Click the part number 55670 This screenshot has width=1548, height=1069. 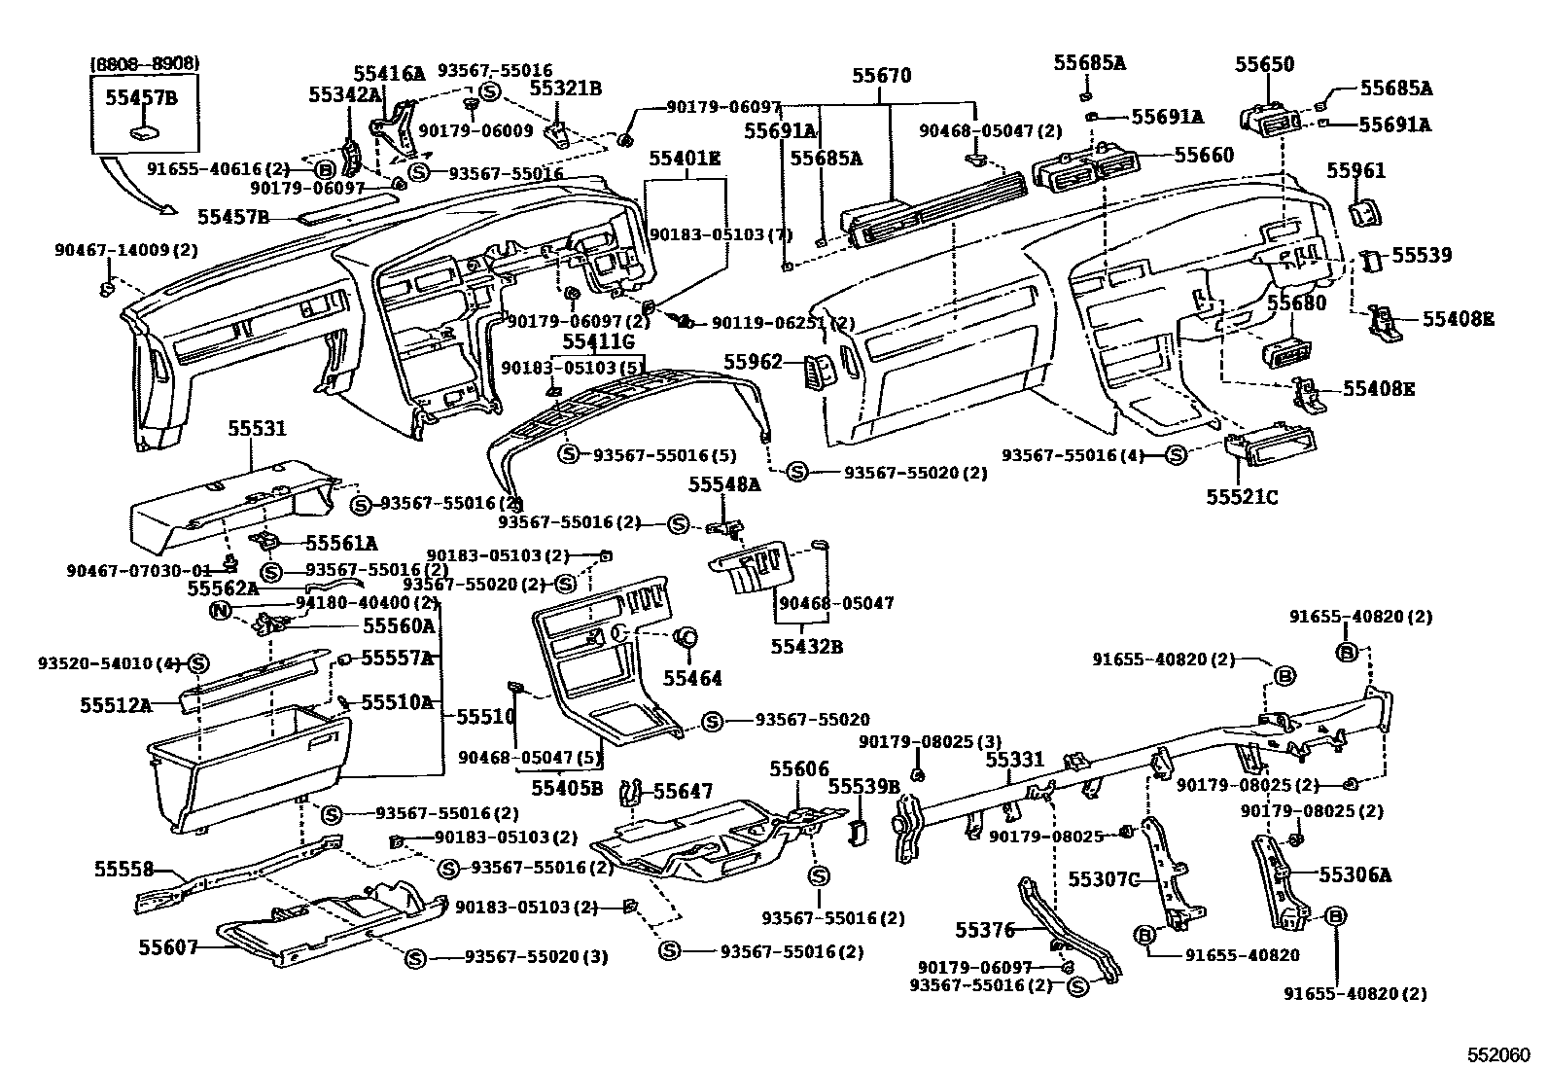[882, 75]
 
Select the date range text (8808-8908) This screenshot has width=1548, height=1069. [145, 63]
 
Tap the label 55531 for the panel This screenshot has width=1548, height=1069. [258, 428]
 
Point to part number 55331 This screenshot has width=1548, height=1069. [1015, 760]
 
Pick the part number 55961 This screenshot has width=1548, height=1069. [1357, 171]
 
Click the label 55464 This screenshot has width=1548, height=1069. [692, 678]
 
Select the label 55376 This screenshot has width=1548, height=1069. [984, 930]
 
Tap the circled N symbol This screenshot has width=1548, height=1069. [221, 611]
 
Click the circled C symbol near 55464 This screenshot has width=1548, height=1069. [686, 638]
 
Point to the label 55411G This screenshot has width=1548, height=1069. [598, 341]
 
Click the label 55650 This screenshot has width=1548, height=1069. [1265, 64]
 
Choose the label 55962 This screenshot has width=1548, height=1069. [753, 362]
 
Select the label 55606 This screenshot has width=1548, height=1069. [799, 769]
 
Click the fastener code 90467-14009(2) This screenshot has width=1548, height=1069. [125, 250]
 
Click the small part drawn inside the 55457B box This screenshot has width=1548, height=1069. [145, 132]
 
